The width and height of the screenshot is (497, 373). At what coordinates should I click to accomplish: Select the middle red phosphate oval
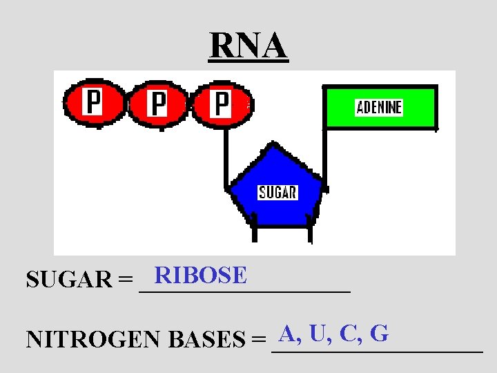pyautogui.click(x=157, y=105)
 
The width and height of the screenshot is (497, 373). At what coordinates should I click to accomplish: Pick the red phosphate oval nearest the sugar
pyautogui.click(x=221, y=105)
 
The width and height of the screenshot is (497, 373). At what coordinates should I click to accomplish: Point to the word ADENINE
pyautogui.click(x=379, y=108)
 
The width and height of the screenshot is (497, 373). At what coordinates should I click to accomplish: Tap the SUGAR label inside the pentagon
pyautogui.click(x=277, y=192)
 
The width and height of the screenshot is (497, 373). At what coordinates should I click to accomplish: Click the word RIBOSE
pyautogui.click(x=201, y=276)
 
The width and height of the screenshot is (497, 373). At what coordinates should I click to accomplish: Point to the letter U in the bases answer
pyautogui.click(x=318, y=334)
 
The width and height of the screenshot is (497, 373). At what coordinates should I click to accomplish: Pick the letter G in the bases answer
pyautogui.click(x=378, y=334)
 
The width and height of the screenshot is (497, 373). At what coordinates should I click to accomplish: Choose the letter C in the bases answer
pyautogui.click(x=349, y=334)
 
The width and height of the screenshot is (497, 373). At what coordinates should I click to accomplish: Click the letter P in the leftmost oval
pyautogui.click(x=92, y=103)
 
